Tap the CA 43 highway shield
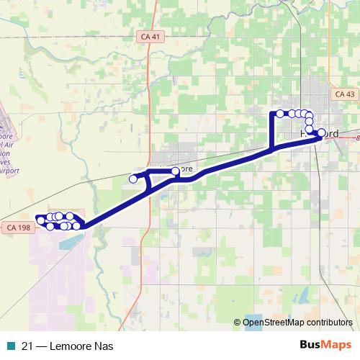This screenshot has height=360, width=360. coord(345,94)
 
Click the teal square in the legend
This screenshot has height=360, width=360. coord(11,345)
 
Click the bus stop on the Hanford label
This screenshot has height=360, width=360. coord(320,132)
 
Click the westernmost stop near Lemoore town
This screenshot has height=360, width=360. coord(133,179)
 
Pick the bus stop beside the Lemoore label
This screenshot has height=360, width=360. coord(176,171)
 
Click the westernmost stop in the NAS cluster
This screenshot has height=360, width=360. coord(40,220)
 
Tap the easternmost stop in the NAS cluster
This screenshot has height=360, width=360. coord(77,226)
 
